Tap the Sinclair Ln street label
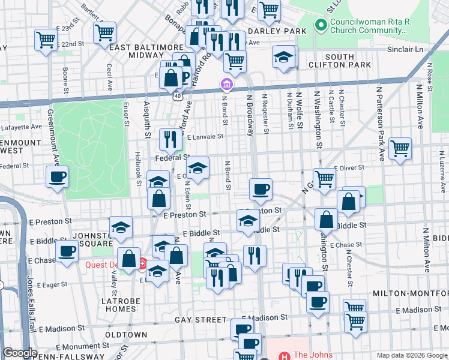(403, 49)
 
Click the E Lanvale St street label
(205, 137)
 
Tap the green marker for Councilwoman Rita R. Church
(321, 26)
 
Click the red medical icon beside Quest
(143, 262)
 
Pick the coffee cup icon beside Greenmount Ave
(58, 176)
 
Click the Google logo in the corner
(20, 353)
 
